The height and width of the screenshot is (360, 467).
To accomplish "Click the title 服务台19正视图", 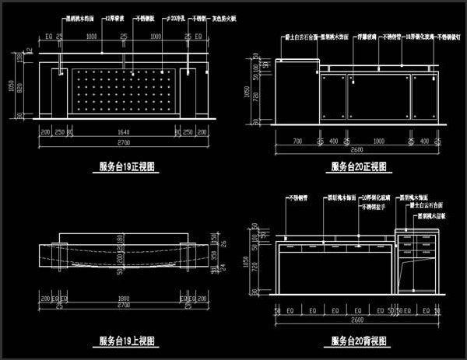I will click(127, 166).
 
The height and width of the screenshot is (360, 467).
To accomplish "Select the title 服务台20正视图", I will click(360, 166).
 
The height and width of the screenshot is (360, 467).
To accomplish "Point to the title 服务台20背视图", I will click(360, 341).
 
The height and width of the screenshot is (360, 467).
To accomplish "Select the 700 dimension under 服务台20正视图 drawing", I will click(297, 142).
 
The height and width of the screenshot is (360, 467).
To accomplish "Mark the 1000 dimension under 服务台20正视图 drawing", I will click(377, 142).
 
